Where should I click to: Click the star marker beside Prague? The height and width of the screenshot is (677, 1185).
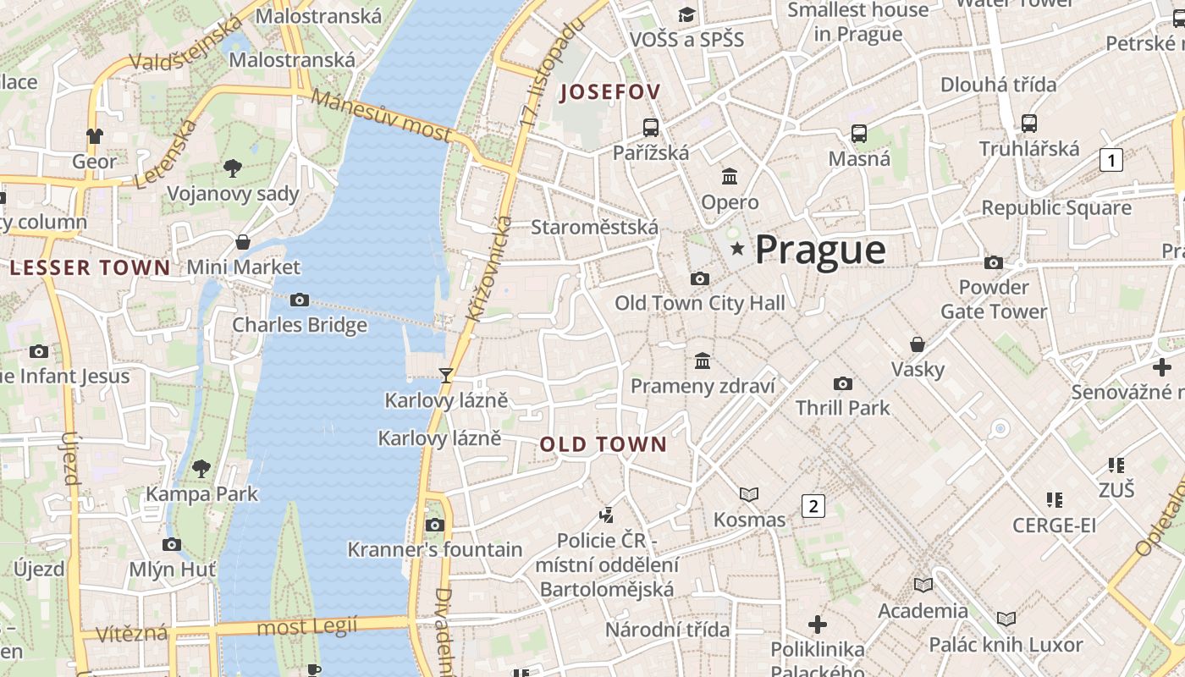(737, 249)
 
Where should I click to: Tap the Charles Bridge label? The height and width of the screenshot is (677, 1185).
(300, 325)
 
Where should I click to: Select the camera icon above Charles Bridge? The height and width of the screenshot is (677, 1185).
(299, 300)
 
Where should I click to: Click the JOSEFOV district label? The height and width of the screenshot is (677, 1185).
(609, 92)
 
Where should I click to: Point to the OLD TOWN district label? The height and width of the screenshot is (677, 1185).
(604, 444)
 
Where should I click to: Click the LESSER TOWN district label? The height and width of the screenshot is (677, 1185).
(91, 268)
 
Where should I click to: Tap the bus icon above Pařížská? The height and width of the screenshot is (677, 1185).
(650, 128)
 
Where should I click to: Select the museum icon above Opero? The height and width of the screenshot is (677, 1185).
(730, 176)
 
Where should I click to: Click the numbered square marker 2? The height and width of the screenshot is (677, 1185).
(813, 506)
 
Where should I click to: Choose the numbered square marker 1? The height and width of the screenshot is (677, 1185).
(1111, 159)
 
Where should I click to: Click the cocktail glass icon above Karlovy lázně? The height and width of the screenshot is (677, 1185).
(446, 375)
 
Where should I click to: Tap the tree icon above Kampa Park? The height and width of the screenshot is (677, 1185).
(201, 468)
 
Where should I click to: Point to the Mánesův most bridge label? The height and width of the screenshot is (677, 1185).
(381, 114)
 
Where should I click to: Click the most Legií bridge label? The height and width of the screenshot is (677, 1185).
(306, 627)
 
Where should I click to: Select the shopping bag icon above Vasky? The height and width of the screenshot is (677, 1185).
(917, 344)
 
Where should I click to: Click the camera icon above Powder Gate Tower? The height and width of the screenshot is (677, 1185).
(993, 262)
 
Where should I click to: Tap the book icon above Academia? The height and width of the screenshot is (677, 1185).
(923, 586)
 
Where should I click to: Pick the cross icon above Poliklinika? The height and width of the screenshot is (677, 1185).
(817, 625)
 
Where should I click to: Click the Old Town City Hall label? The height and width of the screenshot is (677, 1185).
(699, 303)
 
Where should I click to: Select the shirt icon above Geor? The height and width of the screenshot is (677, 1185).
(94, 136)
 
